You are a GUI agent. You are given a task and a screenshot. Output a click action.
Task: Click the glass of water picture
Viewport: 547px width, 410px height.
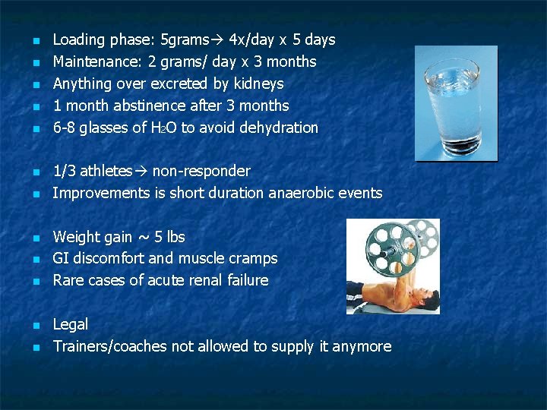click(456, 102)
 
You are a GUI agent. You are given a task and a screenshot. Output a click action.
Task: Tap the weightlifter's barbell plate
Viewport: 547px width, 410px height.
click(386, 249)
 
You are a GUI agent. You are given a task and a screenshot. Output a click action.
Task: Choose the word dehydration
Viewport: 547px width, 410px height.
click(279, 128)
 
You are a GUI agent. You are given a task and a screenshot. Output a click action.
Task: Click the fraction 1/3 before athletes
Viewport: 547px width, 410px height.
click(63, 172)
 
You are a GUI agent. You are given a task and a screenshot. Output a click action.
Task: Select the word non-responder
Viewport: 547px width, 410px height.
click(201, 172)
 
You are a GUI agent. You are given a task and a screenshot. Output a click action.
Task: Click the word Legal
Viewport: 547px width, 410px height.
click(70, 325)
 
